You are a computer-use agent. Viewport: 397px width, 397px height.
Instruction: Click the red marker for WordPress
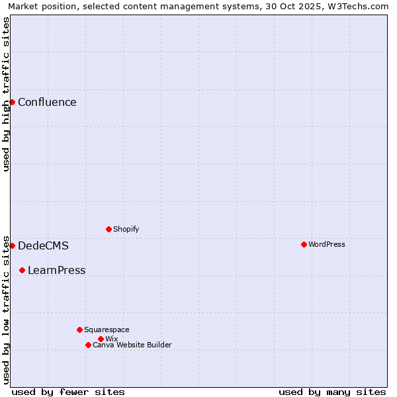[x=304, y=244]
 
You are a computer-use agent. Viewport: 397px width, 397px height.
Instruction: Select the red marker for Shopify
[x=109, y=229]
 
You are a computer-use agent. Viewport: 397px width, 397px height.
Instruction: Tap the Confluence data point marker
[x=12, y=102]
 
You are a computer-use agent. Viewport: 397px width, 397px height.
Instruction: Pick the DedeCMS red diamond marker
[x=12, y=245]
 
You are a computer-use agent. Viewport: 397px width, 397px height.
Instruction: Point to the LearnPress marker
[x=22, y=270]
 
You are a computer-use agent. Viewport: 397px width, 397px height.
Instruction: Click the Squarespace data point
[x=79, y=330]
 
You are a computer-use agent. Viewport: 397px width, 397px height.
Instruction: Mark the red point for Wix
[x=101, y=339]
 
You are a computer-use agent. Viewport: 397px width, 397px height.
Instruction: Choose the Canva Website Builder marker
[x=88, y=345]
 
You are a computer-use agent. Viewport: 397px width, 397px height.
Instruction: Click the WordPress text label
[x=327, y=244]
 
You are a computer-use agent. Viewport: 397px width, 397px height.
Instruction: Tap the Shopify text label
[x=126, y=229]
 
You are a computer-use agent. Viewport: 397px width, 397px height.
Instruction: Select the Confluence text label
[x=47, y=102]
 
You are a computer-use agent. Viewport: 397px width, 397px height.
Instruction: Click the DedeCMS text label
[x=43, y=245]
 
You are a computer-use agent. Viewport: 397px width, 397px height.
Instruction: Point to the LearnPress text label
[x=56, y=270]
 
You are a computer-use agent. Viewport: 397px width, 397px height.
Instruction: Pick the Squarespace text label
[x=107, y=330]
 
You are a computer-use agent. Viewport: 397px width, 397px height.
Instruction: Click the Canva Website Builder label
[x=132, y=345]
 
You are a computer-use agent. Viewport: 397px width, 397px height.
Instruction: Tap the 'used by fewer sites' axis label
[x=68, y=392]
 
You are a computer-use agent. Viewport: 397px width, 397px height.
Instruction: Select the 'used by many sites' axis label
[x=332, y=392]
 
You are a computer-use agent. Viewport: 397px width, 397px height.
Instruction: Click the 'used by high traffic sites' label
[x=6, y=94]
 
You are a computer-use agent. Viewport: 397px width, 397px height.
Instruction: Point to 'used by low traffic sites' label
[x=6, y=309]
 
